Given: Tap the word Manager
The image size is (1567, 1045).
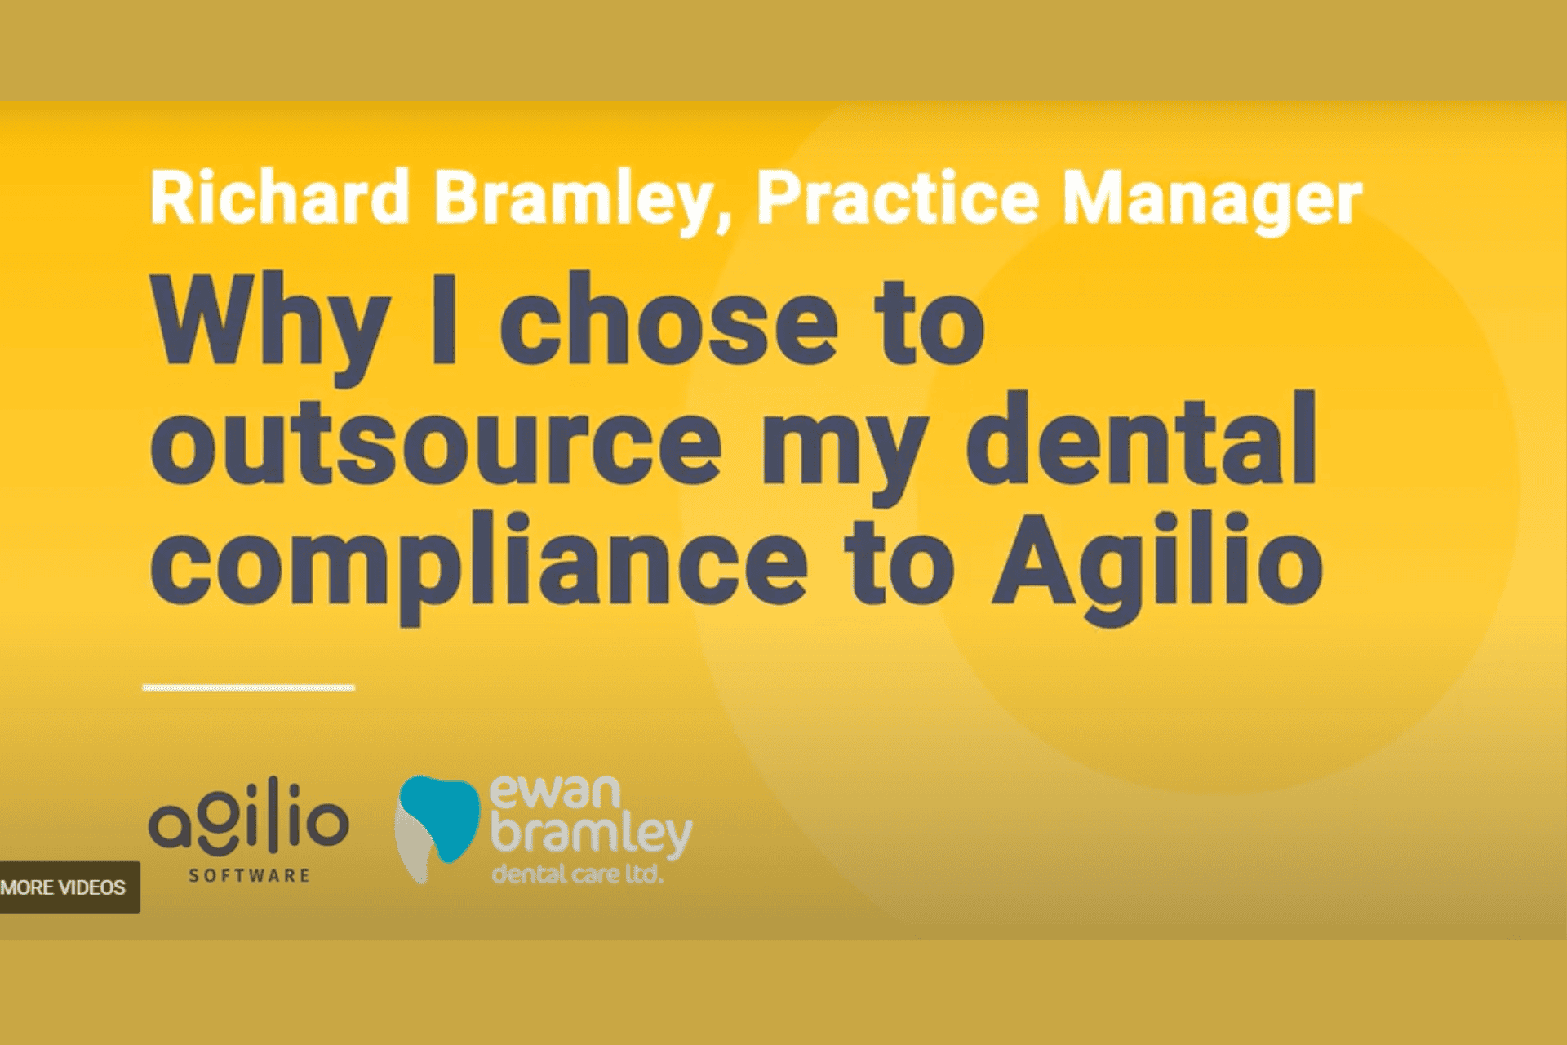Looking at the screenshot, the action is (1213, 201).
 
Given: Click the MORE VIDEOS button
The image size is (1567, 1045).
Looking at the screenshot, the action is (65, 887).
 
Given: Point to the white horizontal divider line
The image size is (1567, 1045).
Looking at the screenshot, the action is (249, 688).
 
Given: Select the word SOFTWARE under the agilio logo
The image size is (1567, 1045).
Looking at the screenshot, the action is (250, 876).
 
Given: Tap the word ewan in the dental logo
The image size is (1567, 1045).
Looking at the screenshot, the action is (555, 793).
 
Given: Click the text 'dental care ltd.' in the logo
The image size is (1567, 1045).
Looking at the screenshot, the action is (577, 874).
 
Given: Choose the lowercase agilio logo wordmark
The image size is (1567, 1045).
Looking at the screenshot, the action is (249, 819).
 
